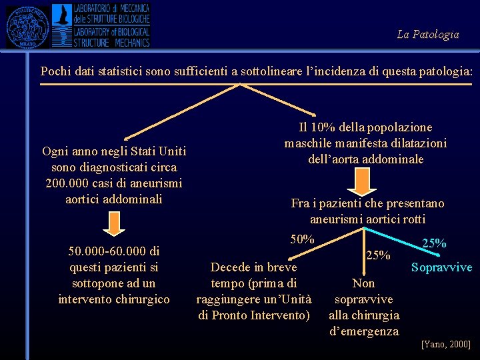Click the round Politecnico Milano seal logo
click(27, 25)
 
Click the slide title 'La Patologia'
click(427, 34)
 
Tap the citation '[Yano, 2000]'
click(445, 344)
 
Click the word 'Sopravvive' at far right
click(441, 267)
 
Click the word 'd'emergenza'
click(364, 331)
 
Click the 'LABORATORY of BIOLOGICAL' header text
click(111, 32)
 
